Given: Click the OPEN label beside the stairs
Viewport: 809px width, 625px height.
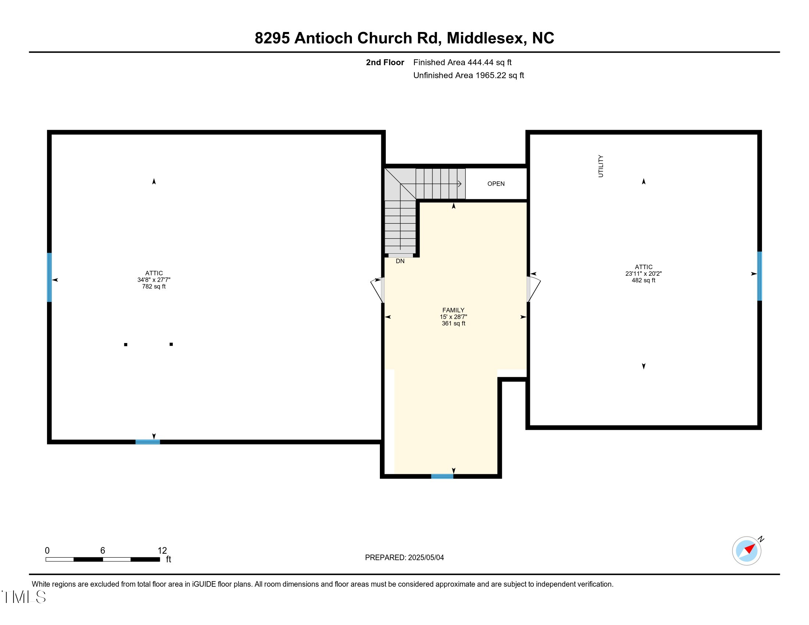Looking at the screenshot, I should coord(496,184).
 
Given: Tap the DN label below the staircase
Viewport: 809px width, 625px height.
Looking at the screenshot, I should coord(400,261).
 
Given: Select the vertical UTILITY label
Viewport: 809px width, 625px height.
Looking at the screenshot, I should coord(600,166).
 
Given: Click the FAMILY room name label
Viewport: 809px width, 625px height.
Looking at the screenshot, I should coord(453,310).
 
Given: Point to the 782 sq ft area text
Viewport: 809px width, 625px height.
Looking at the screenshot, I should coord(154,287).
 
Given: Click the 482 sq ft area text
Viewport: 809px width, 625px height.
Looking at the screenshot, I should coord(644,280).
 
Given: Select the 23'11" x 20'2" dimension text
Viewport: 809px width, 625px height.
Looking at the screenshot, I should coord(644,274).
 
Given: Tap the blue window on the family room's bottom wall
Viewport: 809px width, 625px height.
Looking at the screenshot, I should coord(442,476).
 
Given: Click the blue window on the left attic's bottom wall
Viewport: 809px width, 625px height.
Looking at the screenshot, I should coord(147,442).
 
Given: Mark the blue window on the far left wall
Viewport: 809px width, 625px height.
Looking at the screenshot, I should coord(49,277).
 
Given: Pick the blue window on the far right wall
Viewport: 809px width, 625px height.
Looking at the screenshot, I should coord(759,276).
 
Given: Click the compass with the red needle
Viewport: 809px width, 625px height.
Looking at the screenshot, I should coord(746,551).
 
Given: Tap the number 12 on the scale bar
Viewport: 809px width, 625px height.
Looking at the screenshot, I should coord(162,550).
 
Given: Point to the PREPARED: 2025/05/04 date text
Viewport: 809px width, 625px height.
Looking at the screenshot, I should coord(404,557).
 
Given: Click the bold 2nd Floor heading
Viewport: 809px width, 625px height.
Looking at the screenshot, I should coord(385,63).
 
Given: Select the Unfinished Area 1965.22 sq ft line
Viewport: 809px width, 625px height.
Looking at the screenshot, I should coord(468,75).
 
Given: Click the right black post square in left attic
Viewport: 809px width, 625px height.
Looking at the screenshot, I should coord(171,344).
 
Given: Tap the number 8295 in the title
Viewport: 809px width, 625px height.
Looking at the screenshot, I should coord(272,38).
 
